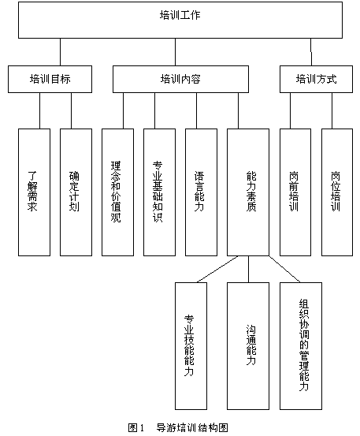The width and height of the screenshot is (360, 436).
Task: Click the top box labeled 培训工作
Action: tap(180, 20)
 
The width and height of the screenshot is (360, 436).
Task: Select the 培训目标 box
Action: tap(50, 80)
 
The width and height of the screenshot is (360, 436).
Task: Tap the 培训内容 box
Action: tap(180, 80)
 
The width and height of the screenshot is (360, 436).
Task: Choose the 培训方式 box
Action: tap(316, 80)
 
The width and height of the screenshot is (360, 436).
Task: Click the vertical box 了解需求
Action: tap(34, 192)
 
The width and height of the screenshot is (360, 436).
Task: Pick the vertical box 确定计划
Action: tap(76, 192)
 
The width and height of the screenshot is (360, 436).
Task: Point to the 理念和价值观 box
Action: tap(118, 192)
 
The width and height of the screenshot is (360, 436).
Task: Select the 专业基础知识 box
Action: tap(159, 192)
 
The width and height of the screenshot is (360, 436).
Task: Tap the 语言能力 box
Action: tap(201, 192)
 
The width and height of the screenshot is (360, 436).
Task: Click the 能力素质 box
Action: tap(248, 192)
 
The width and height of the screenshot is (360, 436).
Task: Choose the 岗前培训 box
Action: tap(295, 192)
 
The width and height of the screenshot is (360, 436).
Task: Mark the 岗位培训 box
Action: tap(337, 192)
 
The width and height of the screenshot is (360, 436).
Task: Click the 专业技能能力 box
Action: tap(191, 346)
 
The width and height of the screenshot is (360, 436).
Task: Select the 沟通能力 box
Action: tap(248, 346)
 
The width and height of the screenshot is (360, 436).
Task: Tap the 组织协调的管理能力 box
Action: tap(301, 346)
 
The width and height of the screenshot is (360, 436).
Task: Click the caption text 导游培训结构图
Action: tap(192, 427)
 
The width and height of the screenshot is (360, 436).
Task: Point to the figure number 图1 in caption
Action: tap(135, 427)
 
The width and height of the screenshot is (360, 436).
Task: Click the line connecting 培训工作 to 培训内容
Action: tap(176, 52)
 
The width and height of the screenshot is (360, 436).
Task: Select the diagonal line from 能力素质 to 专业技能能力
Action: tap(217, 269)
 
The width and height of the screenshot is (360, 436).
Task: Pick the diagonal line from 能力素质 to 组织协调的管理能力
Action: tap(284, 269)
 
